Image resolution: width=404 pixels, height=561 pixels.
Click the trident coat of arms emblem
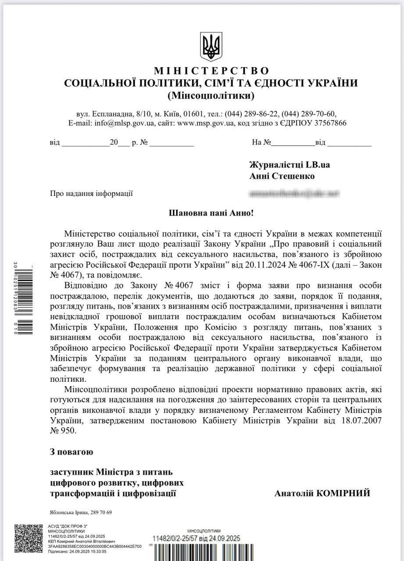coord(211,46)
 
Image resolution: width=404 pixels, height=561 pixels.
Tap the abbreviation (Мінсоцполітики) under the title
coord(211,95)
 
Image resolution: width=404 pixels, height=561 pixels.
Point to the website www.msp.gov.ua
coord(206,123)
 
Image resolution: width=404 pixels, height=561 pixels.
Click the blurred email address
coord(294,193)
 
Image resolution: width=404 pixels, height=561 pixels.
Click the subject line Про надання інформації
coord(92,193)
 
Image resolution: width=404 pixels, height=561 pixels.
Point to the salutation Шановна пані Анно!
coord(211,213)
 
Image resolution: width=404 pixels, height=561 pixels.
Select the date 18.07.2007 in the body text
coord(355,420)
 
